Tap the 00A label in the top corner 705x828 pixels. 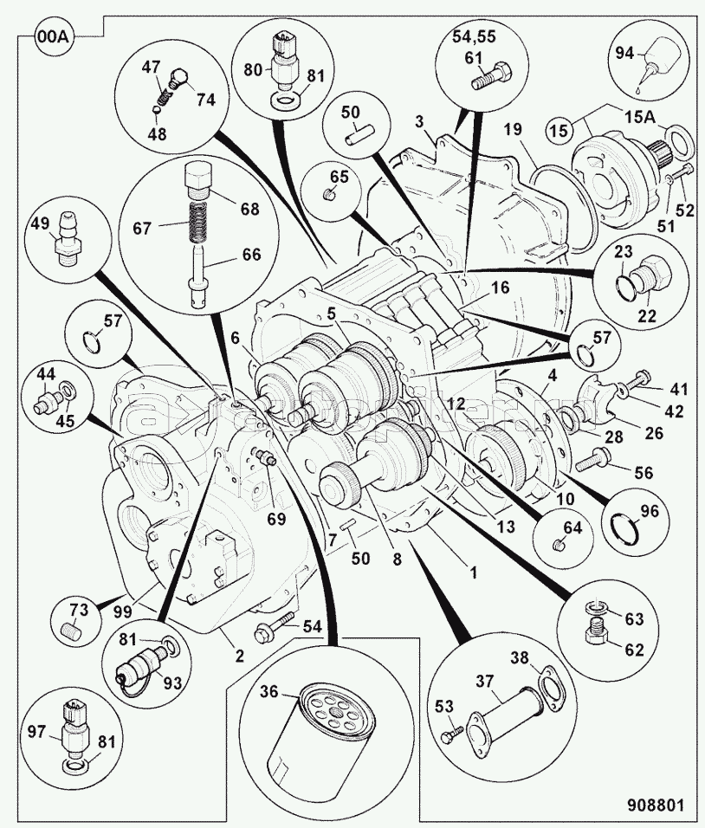pyautogui.click(x=52, y=37)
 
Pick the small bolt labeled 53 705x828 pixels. pyautogui.click(x=449, y=736)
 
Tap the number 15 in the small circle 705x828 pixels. pyautogui.click(x=559, y=130)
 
